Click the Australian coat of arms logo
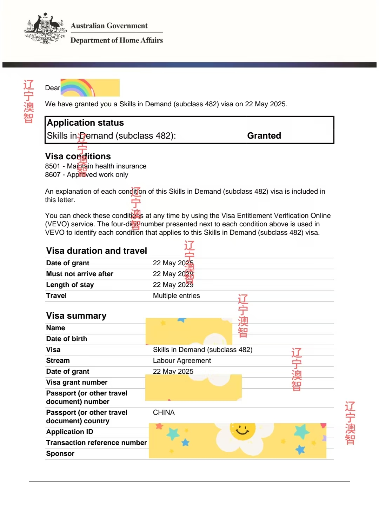click(45, 29)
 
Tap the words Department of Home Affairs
click(117, 40)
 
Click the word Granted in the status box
click(264, 136)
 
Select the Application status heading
click(85, 123)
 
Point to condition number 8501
click(53, 166)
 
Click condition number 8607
click(53, 175)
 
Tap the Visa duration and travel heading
click(97, 251)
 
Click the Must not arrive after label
click(80, 274)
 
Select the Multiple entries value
click(176, 296)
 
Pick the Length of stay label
click(70, 285)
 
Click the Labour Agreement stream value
click(182, 361)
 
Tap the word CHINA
click(164, 413)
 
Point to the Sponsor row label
click(60, 454)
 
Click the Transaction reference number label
click(96, 443)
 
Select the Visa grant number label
click(77, 383)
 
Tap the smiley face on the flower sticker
click(242, 430)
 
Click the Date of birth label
click(67, 339)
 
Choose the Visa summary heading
click(76, 316)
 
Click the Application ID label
click(69, 432)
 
